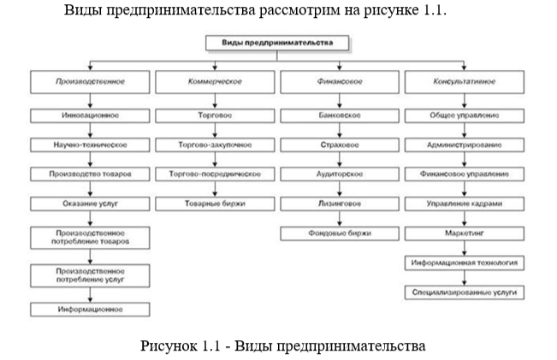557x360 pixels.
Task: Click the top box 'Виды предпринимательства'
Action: coord(279,41)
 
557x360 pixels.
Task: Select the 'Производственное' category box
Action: coord(89,83)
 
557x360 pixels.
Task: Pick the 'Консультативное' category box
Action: coord(464,83)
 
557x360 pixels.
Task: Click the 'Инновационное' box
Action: coord(89,115)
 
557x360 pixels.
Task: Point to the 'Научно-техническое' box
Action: coord(89,145)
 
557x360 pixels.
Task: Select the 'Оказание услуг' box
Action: coord(89,204)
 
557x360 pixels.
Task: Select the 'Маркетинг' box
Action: coord(464,233)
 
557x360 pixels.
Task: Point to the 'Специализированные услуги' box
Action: coord(464,292)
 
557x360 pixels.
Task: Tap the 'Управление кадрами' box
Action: coord(464,204)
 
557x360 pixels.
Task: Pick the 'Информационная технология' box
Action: coord(464,263)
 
